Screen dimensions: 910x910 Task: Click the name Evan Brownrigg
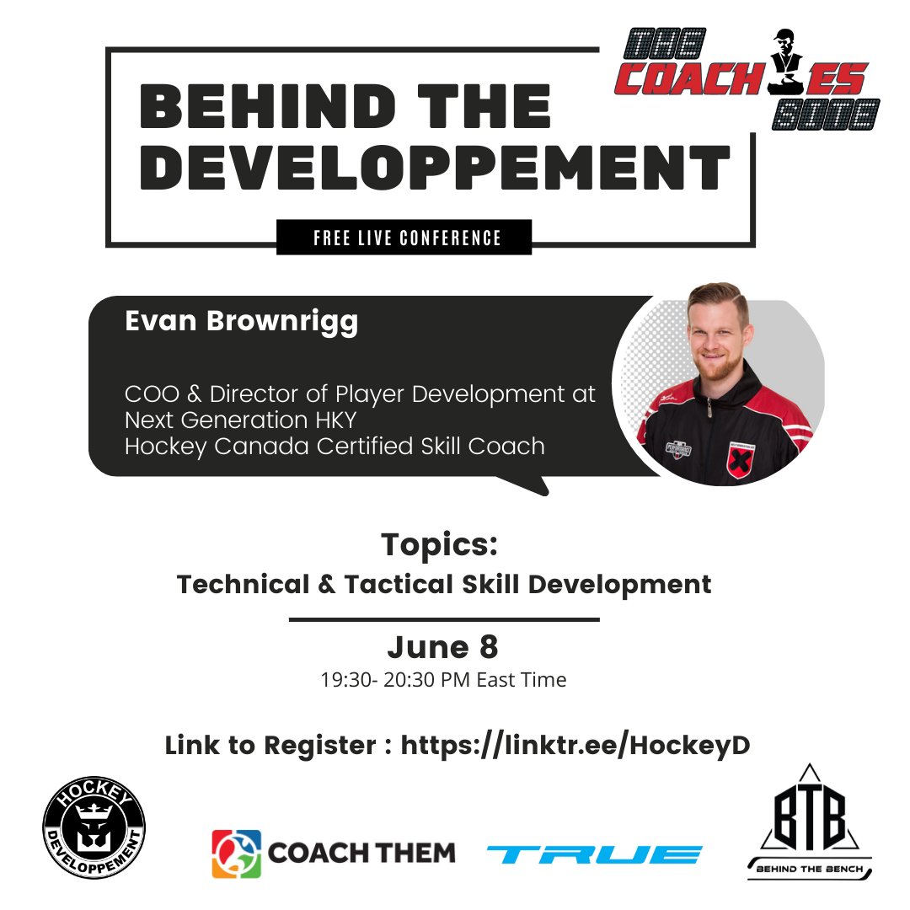[241, 322]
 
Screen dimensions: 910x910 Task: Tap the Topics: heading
[439, 543]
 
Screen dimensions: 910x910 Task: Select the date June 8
[442, 647]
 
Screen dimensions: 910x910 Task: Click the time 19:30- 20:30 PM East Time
[443, 679]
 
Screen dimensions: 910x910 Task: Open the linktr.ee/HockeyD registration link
[575, 745]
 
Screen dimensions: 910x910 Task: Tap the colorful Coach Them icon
[236, 853]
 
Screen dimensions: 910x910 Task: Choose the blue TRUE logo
[594, 854]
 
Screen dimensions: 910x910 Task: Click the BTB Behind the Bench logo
[809, 822]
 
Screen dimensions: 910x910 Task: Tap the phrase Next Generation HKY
[240, 420]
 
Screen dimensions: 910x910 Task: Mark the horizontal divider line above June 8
[444, 619]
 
